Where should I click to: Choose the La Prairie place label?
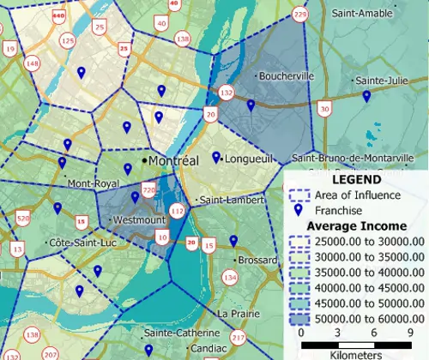point(238,314)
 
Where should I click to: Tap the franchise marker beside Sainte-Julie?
point(366,97)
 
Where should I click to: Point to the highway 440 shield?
point(58,16)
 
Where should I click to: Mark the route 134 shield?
point(229,276)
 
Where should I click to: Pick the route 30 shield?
point(323,108)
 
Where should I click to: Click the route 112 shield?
point(178,211)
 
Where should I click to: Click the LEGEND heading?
point(355,180)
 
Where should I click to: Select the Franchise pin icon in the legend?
point(299,211)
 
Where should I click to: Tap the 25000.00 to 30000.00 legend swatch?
point(299,242)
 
